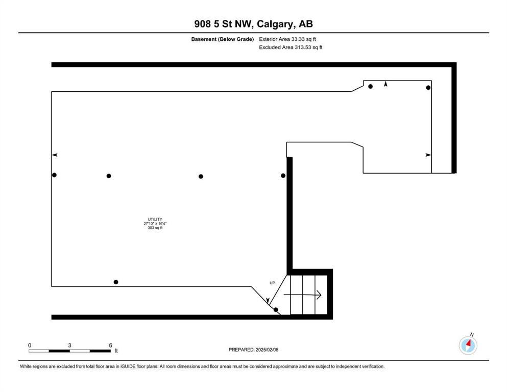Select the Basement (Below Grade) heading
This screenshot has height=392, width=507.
[x=223, y=39]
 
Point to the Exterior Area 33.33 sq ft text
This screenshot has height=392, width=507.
[x=287, y=39]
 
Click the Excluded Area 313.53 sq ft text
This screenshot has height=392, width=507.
[x=291, y=47]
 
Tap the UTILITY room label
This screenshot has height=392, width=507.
[x=155, y=219]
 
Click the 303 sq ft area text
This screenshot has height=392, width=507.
[x=155, y=228]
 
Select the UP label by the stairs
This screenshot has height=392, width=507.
[x=272, y=283]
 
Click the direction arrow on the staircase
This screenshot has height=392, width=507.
[x=302, y=295]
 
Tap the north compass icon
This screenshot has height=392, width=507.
[x=468, y=346]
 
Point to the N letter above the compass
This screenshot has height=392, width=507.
[x=472, y=334]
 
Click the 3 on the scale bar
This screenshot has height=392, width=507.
[x=69, y=345]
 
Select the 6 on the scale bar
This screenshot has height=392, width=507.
[x=110, y=345]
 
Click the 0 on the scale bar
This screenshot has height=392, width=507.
[x=30, y=345]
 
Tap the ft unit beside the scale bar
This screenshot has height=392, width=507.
[x=116, y=351]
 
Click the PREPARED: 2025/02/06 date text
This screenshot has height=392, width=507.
[x=253, y=350]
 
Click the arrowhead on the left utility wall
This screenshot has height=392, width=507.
[x=55, y=155]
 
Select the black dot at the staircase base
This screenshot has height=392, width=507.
[x=276, y=310]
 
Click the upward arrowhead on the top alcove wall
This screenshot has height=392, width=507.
[x=385, y=84]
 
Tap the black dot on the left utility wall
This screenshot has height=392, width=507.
[x=54, y=175]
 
